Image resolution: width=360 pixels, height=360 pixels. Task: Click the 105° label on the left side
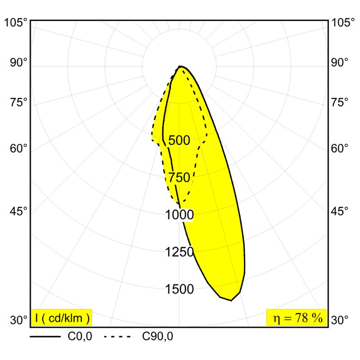tap(16, 23)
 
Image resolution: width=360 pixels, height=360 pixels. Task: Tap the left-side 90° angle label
tap(18, 63)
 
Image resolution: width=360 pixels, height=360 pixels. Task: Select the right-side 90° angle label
tap(340, 63)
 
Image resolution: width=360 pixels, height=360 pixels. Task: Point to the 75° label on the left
tap(18, 103)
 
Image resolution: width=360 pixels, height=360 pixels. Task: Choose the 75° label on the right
tap(340, 103)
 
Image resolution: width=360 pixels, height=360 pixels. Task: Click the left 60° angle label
tap(18, 148)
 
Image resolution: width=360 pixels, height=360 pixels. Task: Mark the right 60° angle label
tap(340, 148)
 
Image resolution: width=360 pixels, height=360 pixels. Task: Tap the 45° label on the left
tap(18, 211)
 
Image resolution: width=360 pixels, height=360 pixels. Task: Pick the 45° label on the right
tap(340, 211)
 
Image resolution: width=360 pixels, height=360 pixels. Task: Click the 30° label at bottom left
tap(18, 320)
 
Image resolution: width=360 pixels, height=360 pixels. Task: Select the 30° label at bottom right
tap(340, 320)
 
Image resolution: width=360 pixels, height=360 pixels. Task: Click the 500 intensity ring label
tap(179, 140)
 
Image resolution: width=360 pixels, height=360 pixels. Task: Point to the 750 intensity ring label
tap(179, 177)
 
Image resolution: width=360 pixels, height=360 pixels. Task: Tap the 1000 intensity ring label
tap(180, 215)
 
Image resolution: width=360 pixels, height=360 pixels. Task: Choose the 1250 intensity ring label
tap(180, 252)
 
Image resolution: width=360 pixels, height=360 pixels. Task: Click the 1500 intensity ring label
tap(180, 289)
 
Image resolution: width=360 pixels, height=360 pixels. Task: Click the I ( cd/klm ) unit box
tap(62, 318)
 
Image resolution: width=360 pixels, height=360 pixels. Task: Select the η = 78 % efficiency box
tap(297, 318)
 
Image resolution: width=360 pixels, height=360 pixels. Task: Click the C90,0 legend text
tap(158, 337)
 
